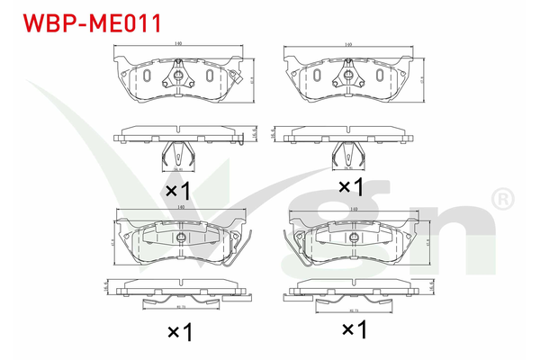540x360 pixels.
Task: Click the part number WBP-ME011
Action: tap(85, 22)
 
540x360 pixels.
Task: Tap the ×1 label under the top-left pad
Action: tap(177, 191)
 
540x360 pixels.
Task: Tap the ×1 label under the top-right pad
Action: tap(349, 187)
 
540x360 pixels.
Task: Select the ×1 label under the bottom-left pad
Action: tap(180, 332)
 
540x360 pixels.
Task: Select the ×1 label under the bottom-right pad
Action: tap(353, 331)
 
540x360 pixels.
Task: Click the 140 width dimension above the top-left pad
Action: tap(180, 42)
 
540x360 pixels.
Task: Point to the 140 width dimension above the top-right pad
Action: tap(347, 42)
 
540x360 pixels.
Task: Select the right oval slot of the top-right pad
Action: tap(377, 76)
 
